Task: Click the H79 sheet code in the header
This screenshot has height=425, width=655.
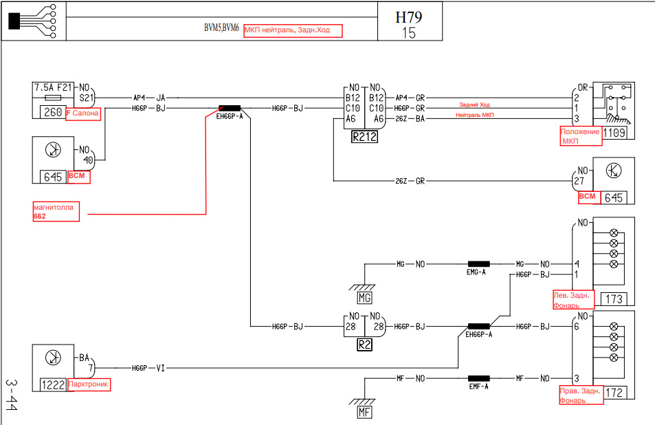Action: click(x=408, y=17)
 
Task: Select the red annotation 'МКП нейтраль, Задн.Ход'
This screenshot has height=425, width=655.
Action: click(x=293, y=30)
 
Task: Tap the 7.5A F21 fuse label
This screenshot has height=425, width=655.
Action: click(x=53, y=88)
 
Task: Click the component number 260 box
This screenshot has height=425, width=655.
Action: click(x=53, y=112)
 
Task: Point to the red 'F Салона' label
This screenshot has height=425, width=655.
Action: click(x=83, y=113)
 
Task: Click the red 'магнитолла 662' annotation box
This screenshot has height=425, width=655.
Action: click(x=56, y=211)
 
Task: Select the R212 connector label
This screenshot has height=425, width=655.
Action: click(x=364, y=137)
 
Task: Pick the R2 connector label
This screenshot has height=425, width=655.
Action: click(x=364, y=345)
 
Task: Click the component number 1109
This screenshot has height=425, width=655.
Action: click(x=614, y=133)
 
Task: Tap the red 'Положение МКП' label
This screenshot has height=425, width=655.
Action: click(x=581, y=136)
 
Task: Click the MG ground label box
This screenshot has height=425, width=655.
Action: click(x=365, y=298)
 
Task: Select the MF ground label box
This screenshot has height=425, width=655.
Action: click(x=365, y=413)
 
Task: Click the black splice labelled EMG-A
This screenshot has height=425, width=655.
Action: click(x=479, y=264)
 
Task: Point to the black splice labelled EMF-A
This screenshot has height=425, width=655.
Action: click(x=479, y=379)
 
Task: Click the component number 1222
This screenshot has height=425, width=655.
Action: click(x=53, y=384)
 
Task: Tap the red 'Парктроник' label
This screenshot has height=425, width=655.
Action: click(x=88, y=384)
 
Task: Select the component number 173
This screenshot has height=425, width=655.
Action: click(x=614, y=299)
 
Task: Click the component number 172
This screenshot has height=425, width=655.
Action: click(x=614, y=393)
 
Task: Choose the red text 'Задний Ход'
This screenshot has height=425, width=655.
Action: click(x=474, y=105)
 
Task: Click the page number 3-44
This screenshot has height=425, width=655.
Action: click(x=11, y=395)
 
